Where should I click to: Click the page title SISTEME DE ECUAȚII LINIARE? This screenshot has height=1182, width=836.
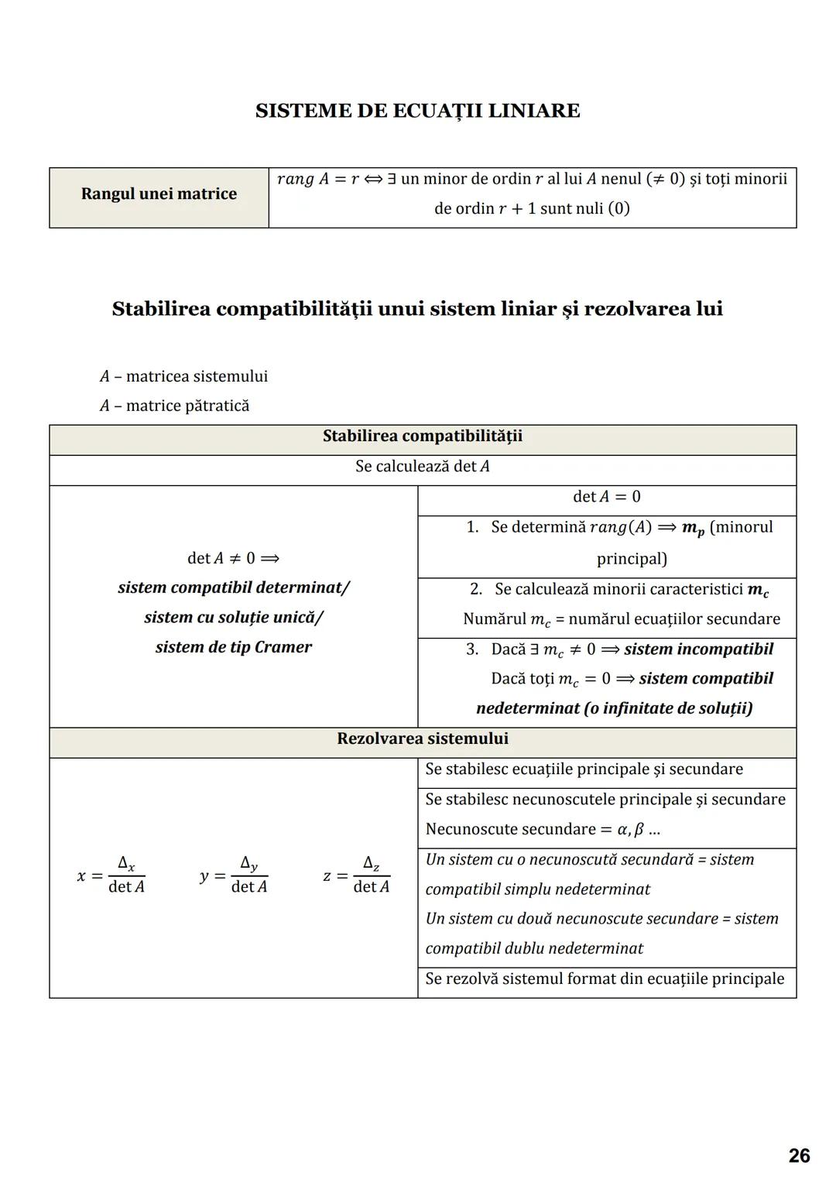point(417,111)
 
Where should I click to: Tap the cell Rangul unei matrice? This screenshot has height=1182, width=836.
point(159,194)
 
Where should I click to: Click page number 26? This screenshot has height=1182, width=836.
point(799,1156)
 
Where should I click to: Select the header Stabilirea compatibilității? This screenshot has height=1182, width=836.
point(422,437)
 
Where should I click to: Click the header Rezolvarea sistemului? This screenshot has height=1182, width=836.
point(422,738)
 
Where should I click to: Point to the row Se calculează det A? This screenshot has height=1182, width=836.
point(422,467)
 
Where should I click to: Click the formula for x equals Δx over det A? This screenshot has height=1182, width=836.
point(111,875)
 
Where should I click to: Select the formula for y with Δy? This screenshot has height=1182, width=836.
point(234,875)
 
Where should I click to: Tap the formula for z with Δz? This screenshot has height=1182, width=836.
point(356,875)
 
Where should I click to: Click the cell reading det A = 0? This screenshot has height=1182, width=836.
point(606,497)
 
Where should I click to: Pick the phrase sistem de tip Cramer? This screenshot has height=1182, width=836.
point(233,647)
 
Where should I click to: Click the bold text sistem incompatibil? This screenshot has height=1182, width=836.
point(698,649)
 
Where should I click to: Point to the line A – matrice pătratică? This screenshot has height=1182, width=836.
point(174,406)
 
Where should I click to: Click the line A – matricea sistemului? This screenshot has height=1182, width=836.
point(183,376)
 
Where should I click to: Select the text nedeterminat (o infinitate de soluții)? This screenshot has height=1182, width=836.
point(614,708)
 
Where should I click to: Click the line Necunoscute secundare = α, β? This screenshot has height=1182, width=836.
point(542,829)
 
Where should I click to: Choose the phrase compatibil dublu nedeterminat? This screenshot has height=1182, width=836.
point(534,948)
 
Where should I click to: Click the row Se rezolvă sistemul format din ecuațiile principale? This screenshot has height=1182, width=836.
point(605,978)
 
